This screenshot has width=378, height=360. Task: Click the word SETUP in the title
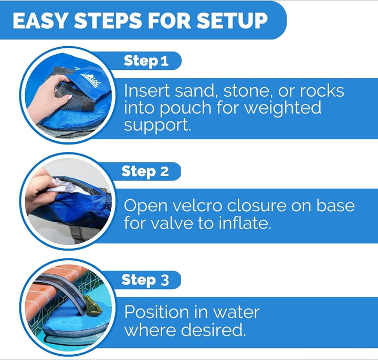(x=232, y=20)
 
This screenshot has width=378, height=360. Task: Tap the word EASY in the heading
(x=40, y=20)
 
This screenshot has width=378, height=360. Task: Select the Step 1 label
(x=146, y=61)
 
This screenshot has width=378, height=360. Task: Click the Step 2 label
(x=145, y=171)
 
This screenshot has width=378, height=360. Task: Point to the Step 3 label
(x=145, y=280)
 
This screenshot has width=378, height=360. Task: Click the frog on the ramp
(x=92, y=305)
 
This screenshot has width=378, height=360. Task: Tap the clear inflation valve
(x=62, y=184)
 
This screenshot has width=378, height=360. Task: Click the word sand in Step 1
(x=195, y=91)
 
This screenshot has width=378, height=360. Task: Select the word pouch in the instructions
(x=185, y=108)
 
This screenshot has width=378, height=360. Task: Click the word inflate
(x=245, y=223)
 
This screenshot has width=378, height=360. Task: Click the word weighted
(x=283, y=108)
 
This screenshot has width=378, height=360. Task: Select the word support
(x=157, y=126)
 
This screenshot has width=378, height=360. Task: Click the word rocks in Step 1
(x=322, y=91)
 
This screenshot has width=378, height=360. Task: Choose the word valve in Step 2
(x=172, y=223)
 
